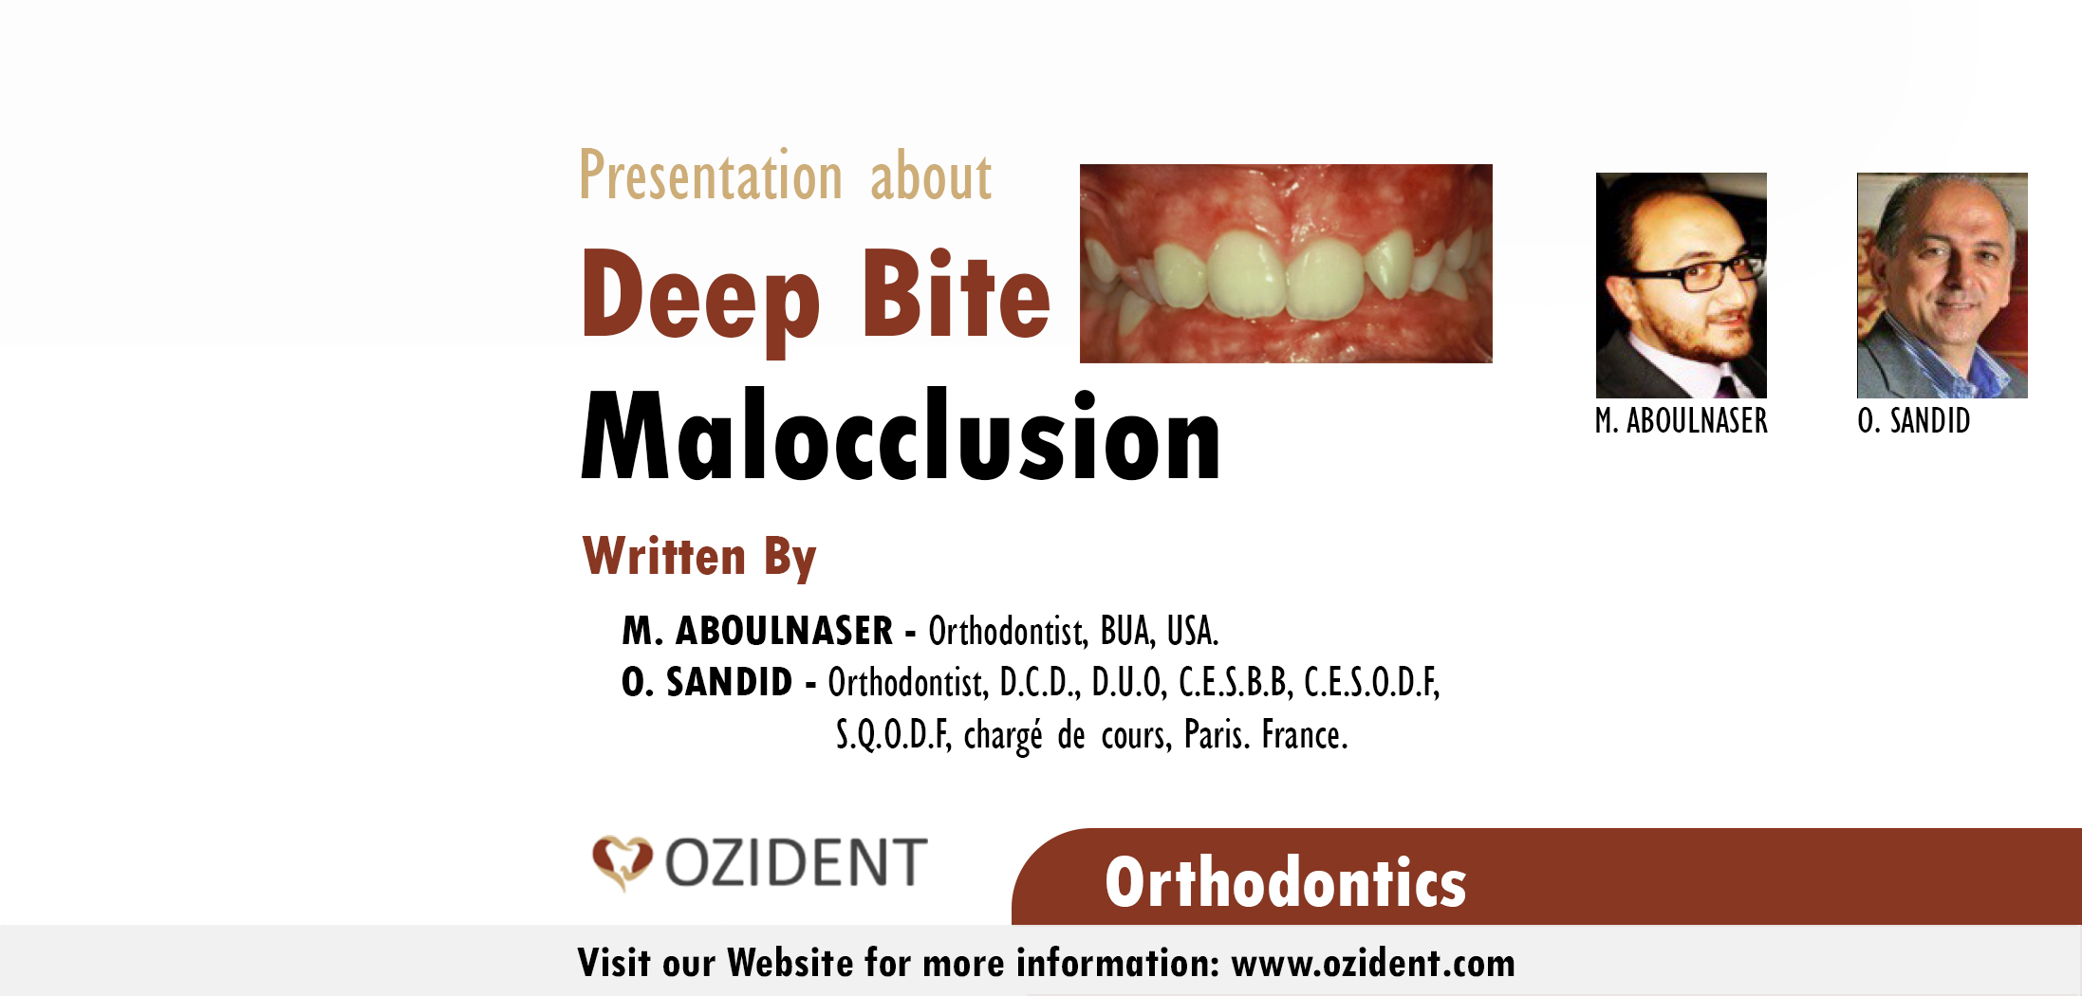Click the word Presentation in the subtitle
click(711, 177)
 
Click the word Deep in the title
click(700, 296)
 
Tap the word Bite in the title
click(955, 296)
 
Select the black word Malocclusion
click(900, 438)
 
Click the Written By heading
click(698, 557)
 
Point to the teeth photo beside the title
click(1285, 264)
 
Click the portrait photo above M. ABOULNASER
click(1681, 285)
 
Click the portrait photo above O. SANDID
click(1942, 285)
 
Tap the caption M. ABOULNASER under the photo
click(1681, 421)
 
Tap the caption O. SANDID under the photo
click(1913, 421)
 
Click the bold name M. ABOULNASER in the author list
click(757, 632)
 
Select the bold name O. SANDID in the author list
click(707, 683)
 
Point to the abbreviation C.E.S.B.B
click(1234, 683)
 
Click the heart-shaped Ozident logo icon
click(622, 862)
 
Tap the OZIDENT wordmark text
click(795, 863)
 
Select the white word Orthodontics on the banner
click(1285, 883)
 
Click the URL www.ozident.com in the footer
click(1372, 964)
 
